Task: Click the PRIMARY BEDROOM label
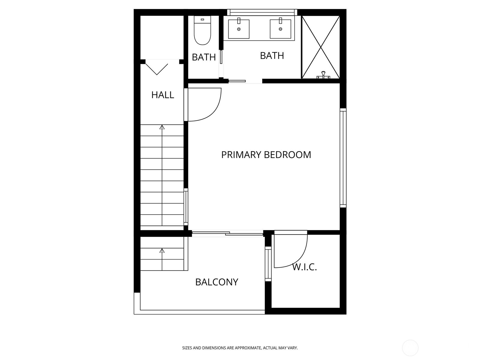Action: [266, 155]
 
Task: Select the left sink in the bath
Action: [239, 29]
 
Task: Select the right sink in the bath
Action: [280, 29]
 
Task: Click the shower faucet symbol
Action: [323, 75]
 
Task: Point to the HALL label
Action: [163, 95]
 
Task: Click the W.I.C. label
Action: [304, 267]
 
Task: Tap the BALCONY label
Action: [217, 282]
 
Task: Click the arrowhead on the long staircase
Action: [162, 127]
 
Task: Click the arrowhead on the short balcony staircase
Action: [162, 250]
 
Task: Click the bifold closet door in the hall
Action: [157, 68]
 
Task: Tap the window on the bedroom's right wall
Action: [343, 158]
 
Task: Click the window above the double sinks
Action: [262, 12]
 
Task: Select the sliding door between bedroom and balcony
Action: [227, 233]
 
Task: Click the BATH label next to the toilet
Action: [204, 57]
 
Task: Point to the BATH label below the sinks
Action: [272, 56]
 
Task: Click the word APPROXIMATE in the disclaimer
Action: [248, 348]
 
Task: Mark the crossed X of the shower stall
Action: [321, 47]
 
